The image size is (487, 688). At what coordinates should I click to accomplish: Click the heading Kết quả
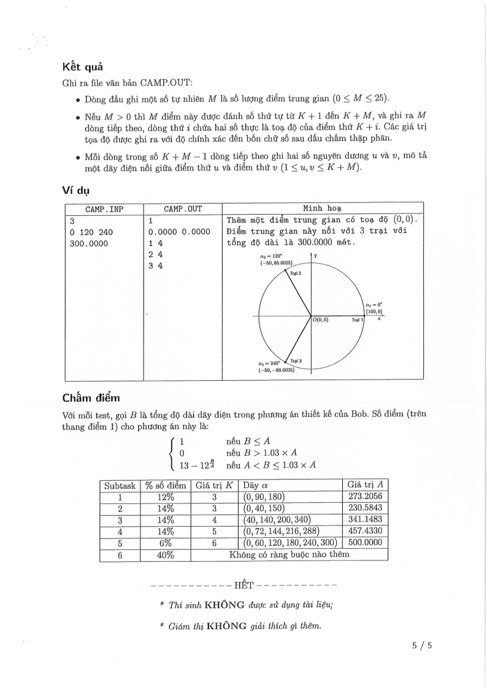(83, 67)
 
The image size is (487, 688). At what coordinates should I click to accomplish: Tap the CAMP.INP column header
(104, 209)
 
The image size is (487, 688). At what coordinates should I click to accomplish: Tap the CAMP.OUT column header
(182, 209)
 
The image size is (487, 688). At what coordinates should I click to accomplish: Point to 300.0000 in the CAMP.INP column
(88, 243)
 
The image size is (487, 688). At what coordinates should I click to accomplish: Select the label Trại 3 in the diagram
(296, 361)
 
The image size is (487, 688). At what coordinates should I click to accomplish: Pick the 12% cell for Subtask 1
(166, 497)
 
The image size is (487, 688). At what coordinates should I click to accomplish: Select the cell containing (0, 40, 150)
(265, 508)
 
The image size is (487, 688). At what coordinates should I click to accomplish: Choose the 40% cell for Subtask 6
(166, 555)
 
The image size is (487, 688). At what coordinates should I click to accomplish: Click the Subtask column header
(120, 485)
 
